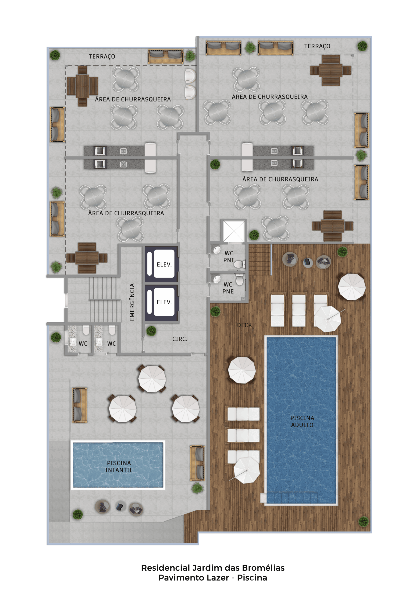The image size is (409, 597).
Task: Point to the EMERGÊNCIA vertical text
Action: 132,302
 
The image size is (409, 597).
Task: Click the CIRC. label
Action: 180,339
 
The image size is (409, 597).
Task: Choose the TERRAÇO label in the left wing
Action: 102,56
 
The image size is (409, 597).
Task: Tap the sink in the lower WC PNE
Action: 217,279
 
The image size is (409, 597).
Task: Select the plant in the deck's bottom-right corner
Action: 363,521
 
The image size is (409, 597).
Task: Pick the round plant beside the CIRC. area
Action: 151,331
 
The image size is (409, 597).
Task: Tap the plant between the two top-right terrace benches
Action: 250,47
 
